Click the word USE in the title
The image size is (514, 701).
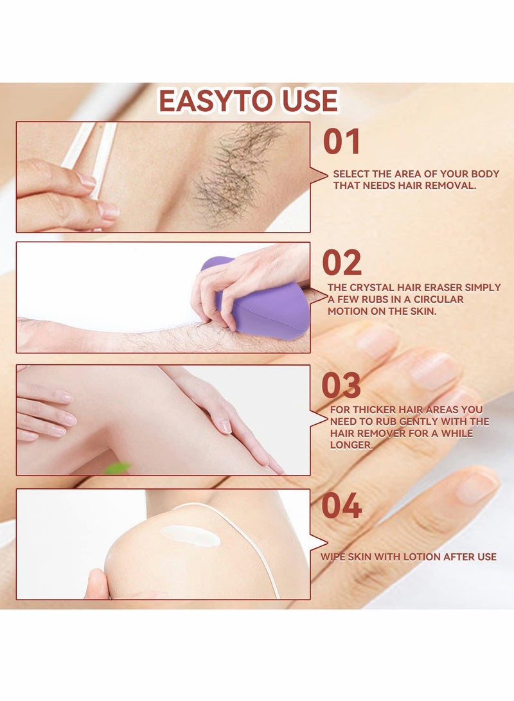click(306, 102)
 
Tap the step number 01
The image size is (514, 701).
click(341, 142)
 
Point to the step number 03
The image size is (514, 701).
click(341, 385)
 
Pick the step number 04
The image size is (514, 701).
click(341, 506)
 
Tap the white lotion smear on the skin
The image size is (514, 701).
click(190, 535)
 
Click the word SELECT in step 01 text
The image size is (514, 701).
click(351, 174)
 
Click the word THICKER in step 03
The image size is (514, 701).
click(375, 409)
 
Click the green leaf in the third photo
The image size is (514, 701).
click(117, 468)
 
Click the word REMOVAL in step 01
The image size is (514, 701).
click(454, 186)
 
